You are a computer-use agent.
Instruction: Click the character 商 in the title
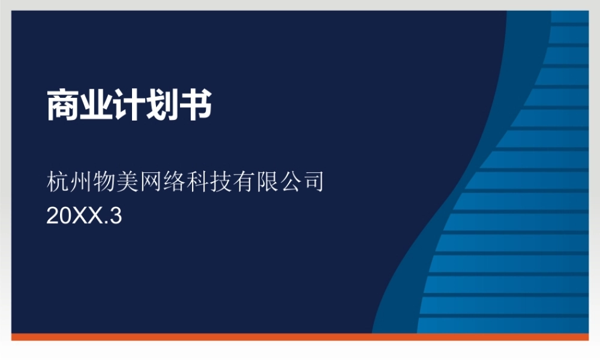click(x=63, y=106)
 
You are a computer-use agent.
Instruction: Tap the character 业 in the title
click(x=96, y=106)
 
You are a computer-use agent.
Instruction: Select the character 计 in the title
click(x=129, y=106)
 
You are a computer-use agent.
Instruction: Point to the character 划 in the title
click(x=162, y=106)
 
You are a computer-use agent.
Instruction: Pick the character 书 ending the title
click(x=196, y=106)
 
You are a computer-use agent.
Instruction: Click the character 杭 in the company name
click(x=58, y=181)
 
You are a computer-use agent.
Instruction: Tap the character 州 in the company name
click(x=81, y=181)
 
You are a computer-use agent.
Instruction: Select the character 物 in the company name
click(x=104, y=181)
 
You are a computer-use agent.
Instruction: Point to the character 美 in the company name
click(x=127, y=181)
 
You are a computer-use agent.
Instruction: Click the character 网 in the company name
click(x=150, y=181)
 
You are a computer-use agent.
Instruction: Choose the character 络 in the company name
click(x=173, y=181)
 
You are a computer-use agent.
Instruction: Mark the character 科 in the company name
click(x=196, y=181)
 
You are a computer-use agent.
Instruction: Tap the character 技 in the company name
click(x=220, y=181)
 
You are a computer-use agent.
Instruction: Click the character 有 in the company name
click(x=243, y=181)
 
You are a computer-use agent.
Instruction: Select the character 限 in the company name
click(x=266, y=181)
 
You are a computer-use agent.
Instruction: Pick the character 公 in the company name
click(x=289, y=181)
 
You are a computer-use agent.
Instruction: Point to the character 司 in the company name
click(x=312, y=181)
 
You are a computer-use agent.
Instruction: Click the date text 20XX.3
click(x=84, y=216)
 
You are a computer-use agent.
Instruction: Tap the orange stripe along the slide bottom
click(x=300, y=337)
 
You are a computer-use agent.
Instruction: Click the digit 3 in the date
click(x=116, y=216)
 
